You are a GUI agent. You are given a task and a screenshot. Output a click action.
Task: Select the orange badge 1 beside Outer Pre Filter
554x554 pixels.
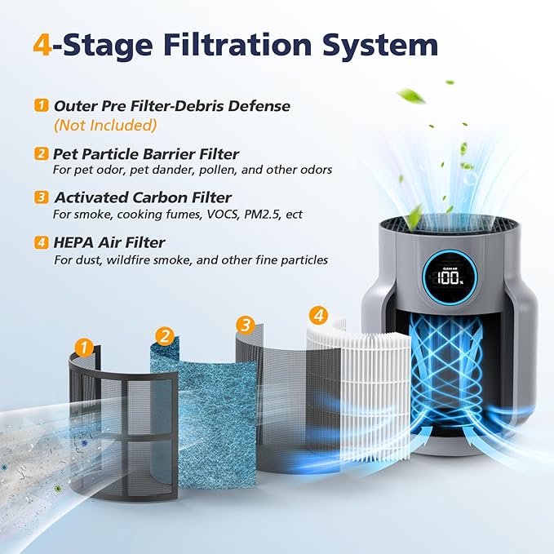pyautogui.click(x=41, y=106)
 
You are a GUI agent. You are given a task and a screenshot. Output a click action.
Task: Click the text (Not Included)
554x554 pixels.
pyautogui.click(x=105, y=126)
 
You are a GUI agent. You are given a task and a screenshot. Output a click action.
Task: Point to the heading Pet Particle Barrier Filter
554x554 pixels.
pyautogui.click(x=145, y=153)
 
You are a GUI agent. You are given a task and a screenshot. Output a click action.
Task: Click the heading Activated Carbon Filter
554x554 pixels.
pyautogui.click(x=143, y=197)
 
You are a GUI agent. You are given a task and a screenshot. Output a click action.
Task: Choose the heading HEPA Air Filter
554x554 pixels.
pyautogui.click(x=109, y=242)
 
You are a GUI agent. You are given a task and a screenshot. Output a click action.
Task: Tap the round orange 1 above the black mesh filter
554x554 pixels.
pyautogui.click(x=82, y=347)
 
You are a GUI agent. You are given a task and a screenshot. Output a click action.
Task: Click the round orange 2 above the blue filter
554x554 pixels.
pyautogui.click(x=166, y=335)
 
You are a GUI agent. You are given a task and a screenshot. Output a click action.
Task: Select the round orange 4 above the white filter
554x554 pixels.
pyautogui.click(x=319, y=313)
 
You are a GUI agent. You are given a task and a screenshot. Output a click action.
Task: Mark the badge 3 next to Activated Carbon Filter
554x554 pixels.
pyautogui.click(x=41, y=197)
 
